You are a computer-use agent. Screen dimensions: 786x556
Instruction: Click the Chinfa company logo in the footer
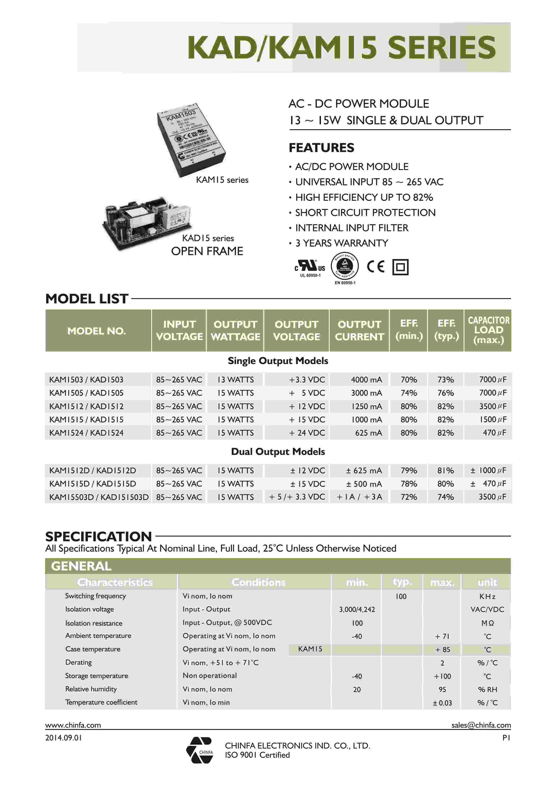click(200, 750)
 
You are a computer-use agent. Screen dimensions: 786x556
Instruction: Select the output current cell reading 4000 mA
click(366, 379)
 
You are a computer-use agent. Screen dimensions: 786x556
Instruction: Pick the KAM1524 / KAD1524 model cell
click(86, 433)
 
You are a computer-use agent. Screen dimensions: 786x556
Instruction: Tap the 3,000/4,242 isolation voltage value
click(357, 609)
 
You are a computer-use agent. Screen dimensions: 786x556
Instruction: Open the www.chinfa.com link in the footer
click(73, 725)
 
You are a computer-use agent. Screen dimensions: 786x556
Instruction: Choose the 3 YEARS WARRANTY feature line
click(341, 243)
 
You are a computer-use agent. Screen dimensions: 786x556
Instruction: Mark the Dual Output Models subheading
click(278, 452)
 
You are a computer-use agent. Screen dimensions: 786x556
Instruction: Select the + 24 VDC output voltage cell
click(307, 433)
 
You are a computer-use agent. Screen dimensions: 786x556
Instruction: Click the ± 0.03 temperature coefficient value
click(442, 703)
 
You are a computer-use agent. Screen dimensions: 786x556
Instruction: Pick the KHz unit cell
click(487, 596)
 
